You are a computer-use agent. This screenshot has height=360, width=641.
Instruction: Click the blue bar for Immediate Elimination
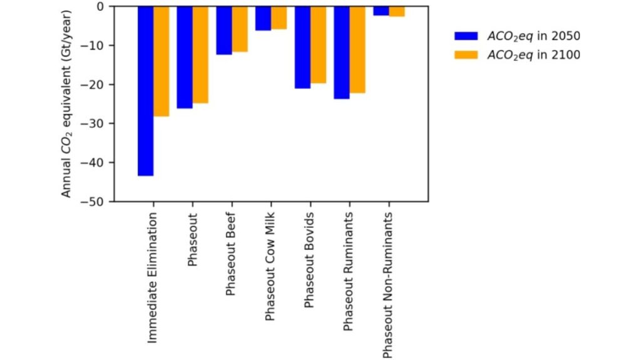[x=146, y=91]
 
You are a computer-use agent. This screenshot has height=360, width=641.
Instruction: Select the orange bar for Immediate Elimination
[x=162, y=61]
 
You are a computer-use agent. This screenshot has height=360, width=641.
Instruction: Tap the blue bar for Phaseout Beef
[x=224, y=31]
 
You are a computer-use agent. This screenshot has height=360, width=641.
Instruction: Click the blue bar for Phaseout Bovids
[x=302, y=48]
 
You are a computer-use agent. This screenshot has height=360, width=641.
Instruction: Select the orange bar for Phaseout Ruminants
[x=357, y=49]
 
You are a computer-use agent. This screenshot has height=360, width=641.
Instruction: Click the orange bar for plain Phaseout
[x=200, y=54]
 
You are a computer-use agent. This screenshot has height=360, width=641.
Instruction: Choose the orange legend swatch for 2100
[x=466, y=55]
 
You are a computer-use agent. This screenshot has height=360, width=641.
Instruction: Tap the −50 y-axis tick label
[x=97, y=202]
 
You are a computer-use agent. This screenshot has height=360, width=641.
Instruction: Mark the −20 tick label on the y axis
[x=97, y=85]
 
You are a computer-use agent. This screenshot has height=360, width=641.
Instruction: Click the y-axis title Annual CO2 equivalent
[x=67, y=103]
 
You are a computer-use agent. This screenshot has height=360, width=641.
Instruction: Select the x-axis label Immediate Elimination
[x=153, y=276]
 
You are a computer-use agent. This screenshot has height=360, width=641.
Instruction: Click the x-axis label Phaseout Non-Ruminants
[x=388, y=285]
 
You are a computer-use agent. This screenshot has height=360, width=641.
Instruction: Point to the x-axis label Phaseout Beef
[x=231, y=254]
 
